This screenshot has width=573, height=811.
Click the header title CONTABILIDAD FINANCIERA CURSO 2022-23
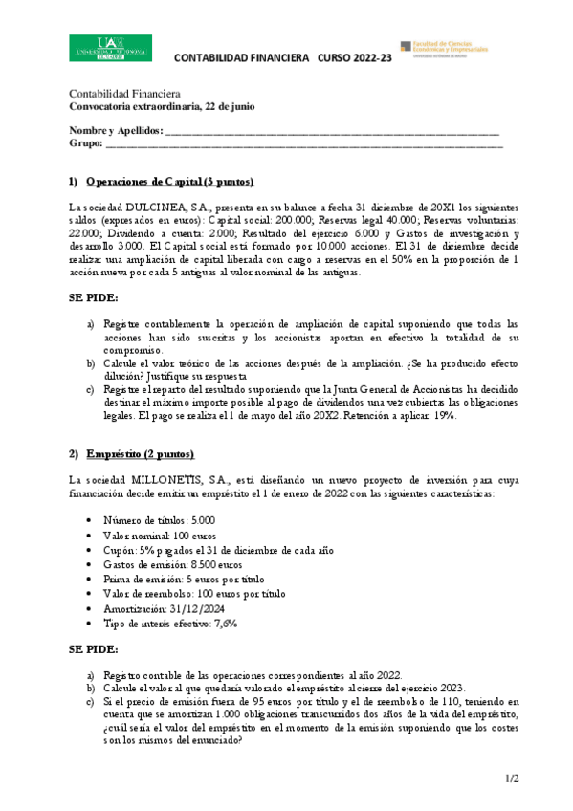coord(283,58)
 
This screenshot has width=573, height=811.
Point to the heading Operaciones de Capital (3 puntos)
coord(169,182)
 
